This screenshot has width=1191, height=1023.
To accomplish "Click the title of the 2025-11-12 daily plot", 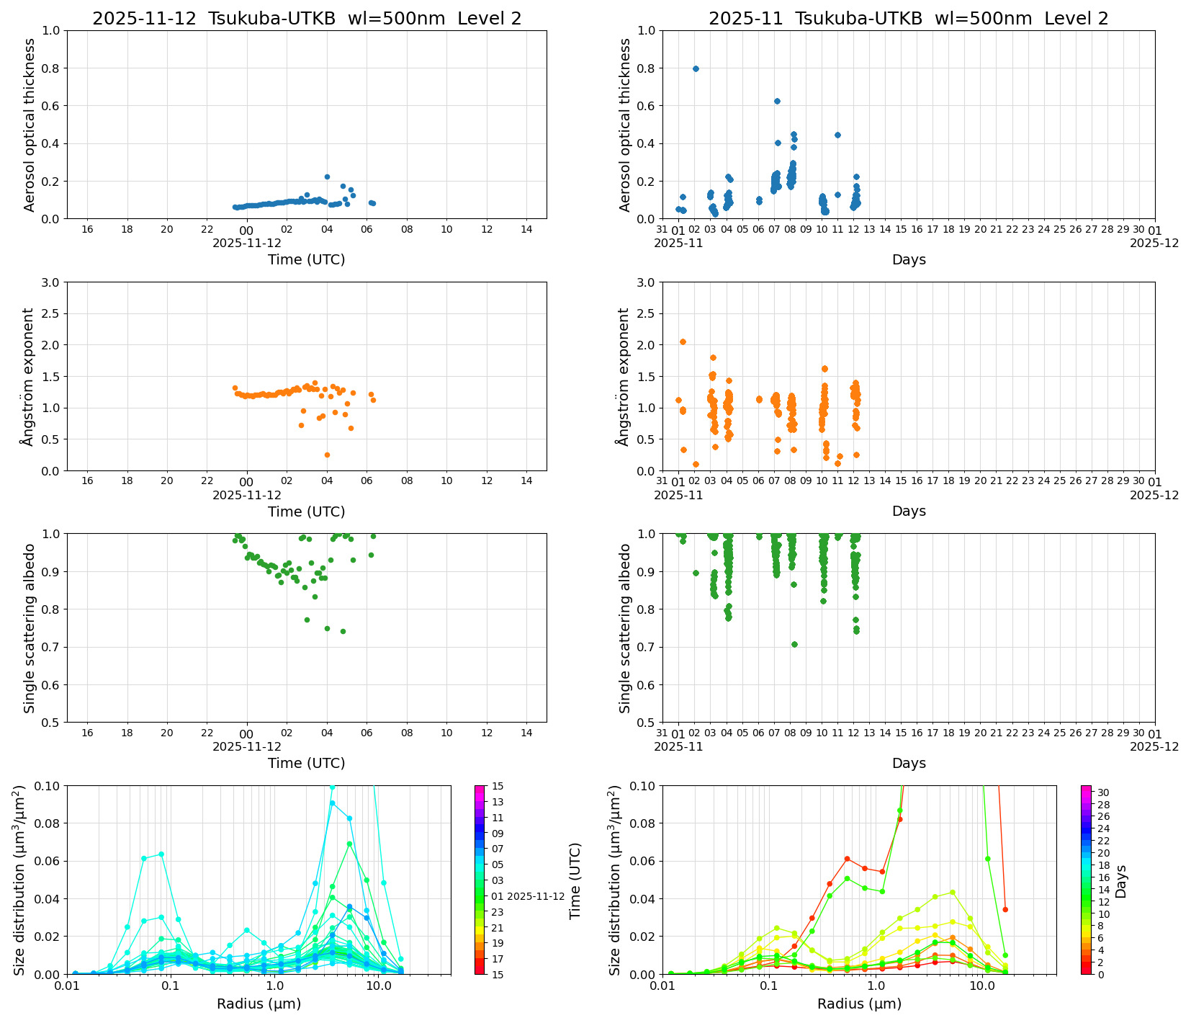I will [307, 19].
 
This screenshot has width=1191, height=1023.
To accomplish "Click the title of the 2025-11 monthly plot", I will [908, 19].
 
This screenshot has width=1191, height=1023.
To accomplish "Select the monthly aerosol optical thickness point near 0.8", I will [696, 68].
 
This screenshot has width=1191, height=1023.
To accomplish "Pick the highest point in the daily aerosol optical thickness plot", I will [327, 177].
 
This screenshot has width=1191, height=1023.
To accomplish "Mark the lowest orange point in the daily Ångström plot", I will [327, 455].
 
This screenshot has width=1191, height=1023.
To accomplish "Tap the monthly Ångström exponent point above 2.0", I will [683, 341].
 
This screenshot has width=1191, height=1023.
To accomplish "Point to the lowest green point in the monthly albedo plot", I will [794, 644].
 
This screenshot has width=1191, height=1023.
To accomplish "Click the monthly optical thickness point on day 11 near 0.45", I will [837, 135].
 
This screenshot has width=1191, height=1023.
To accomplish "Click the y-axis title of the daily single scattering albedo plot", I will [30, 628].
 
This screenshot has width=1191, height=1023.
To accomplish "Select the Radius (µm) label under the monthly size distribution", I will [859, 1004].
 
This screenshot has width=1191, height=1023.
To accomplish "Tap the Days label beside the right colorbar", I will [1121, 881].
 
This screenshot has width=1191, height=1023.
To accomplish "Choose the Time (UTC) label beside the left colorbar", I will [575, 880].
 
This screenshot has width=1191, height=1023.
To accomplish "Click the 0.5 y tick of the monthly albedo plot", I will [646, 723].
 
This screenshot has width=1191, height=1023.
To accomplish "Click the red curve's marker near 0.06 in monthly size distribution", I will [847, 859].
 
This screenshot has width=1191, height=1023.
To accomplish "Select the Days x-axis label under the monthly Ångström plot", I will [909, 511].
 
